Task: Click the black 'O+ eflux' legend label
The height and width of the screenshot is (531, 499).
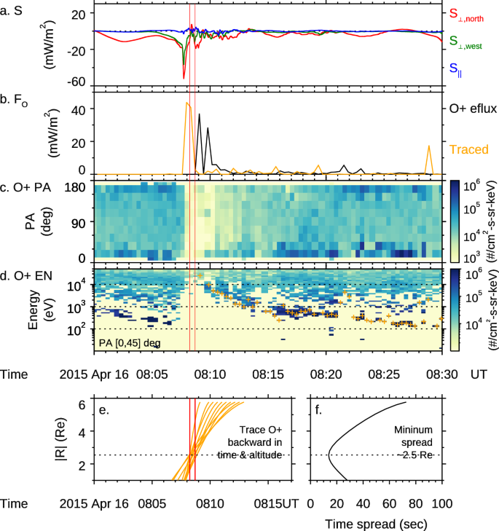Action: click(x=472, y=109)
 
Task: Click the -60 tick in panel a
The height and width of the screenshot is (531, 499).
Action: click(x=76, y=82)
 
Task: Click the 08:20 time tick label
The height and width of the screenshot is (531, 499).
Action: click(x=326, y=374)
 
